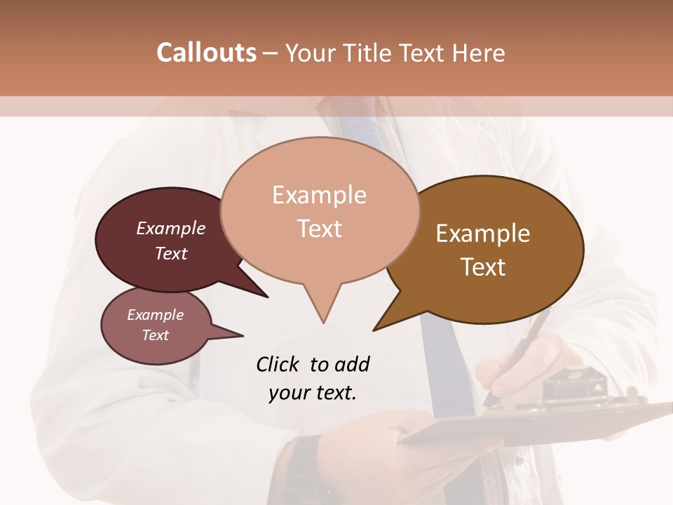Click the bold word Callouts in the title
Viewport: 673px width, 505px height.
coord(206,53)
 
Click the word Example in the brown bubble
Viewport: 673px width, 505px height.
coord(483,234)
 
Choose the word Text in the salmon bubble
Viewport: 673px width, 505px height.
coord(320,229)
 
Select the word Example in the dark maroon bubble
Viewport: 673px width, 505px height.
coord(171,229)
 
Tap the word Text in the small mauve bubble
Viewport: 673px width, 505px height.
coord(156,335)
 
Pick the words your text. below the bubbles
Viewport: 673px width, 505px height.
coord(313,393)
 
